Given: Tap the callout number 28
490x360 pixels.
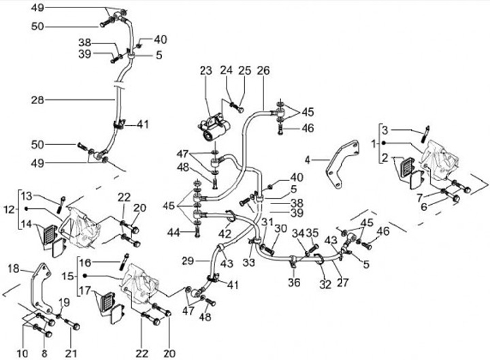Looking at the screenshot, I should (x=37, y=99).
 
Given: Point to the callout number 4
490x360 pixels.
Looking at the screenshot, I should (x=308, y=161).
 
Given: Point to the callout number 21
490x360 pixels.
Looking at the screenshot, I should (x=72, y=353).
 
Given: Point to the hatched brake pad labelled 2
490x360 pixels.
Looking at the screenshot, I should (x=409, y=168).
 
